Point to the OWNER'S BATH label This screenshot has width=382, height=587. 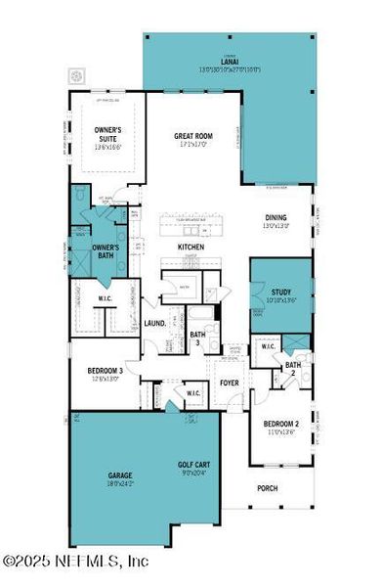pos(105,250)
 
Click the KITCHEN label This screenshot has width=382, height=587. pos(190,248)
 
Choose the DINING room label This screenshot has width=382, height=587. pos(276,219)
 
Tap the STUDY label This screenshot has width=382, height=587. pos(281,291)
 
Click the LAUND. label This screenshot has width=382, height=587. pos(154,323)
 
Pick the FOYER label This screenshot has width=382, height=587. pos(230,383)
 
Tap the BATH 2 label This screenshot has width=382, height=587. pos(291,369)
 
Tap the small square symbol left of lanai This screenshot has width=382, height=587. pos(76,74)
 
